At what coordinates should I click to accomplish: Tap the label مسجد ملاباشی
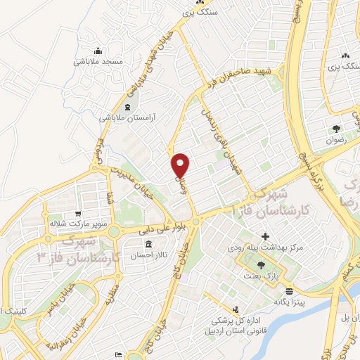tap(98, 62)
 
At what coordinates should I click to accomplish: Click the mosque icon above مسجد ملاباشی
tap(98, 51)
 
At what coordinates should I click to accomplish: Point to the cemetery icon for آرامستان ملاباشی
tap(127, 107)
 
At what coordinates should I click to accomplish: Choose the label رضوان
tap(337, 140)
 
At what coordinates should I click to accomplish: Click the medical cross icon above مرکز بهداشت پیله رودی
tap(265, 236)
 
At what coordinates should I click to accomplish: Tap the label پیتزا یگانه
tap(289, 298)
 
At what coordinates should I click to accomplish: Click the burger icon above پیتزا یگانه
tap(289, 288)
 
